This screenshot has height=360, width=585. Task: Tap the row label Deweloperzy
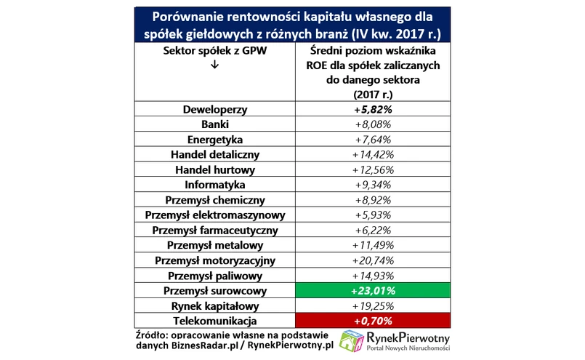(x=214, y=110)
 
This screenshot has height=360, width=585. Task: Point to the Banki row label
(x=214, y=124)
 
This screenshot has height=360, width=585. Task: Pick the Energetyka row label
(x=214, y=140)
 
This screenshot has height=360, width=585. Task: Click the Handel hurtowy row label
(x=214, y=170)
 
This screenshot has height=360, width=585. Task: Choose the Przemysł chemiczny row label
(x=214, y=200)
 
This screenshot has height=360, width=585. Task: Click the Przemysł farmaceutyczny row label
(x=214, y=231)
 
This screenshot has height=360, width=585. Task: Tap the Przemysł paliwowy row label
(x=214, y=276)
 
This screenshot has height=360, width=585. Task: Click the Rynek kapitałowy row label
(x=214, y=306)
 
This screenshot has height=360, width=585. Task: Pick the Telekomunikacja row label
(x=214, y=321)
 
